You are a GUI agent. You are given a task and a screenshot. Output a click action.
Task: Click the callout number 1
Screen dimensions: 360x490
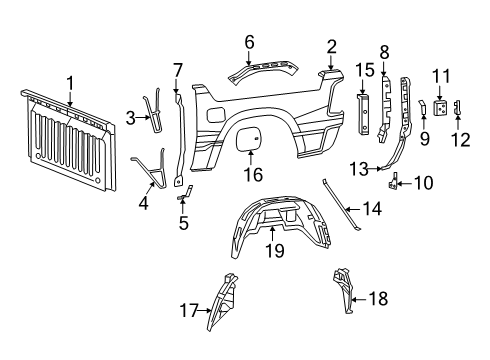point(70,81)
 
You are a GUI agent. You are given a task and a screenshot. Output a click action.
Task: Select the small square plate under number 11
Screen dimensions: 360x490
point(440,109)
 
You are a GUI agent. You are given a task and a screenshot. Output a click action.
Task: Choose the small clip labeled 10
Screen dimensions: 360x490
point(394,182)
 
